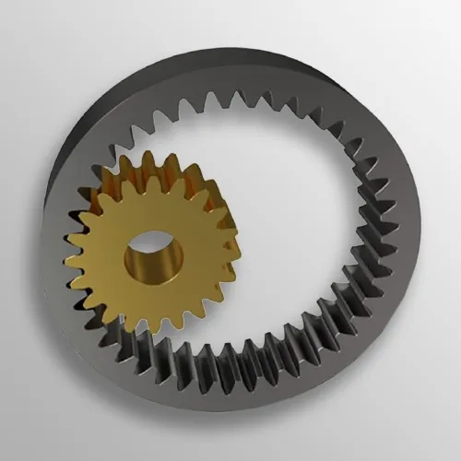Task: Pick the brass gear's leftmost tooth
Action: point(68,242)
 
